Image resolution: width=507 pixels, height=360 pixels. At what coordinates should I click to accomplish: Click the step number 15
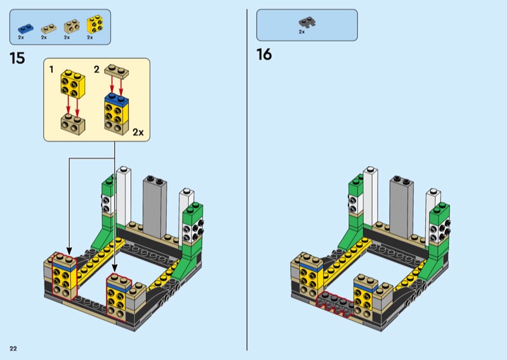coord(17,58)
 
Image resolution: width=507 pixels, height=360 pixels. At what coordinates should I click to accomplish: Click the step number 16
coord(264,55)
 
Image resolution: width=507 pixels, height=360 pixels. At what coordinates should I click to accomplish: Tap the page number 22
coord(13,349)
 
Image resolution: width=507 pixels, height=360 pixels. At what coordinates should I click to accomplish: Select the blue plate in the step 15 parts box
coord(25,29)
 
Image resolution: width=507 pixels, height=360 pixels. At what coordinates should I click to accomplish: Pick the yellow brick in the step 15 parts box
coord(95,24)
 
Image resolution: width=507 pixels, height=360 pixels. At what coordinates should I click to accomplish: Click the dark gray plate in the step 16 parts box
coord(307,22)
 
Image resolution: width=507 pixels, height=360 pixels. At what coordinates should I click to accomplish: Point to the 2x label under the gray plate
coord(302,32)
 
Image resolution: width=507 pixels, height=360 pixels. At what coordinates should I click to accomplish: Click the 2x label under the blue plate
coord(21,37)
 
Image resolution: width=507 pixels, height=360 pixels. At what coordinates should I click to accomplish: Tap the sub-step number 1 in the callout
coord(51,69)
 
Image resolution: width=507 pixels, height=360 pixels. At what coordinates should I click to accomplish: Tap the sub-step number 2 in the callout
coord(96,69)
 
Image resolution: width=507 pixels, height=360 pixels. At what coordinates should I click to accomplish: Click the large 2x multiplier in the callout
coord(138,132)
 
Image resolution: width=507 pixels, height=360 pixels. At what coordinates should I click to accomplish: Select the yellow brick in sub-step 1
coord(73,84)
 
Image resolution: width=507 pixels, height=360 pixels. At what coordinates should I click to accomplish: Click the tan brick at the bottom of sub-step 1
coord(73,124)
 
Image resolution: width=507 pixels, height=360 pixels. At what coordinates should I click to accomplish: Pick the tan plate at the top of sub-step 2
coord(117,71)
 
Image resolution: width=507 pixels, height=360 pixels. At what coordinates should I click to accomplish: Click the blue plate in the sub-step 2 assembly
coord(116,98)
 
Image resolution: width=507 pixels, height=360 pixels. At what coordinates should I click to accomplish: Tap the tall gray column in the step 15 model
coord(155,207)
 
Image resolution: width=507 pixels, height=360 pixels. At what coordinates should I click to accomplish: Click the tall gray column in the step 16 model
coord(402,207)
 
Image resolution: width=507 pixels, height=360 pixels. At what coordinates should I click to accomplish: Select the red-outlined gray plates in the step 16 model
coord(335,304)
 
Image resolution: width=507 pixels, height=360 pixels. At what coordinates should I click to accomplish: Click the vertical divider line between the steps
coord(247,180)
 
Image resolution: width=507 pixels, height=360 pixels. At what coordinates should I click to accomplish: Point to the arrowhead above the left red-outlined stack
coord(69,251)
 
